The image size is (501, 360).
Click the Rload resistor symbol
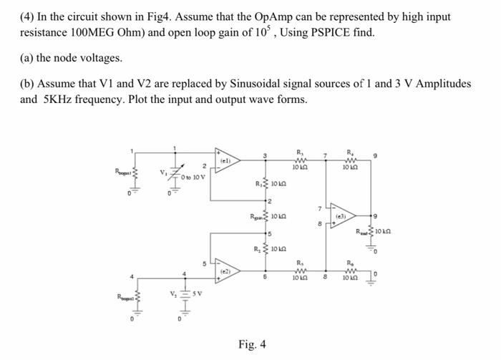(371, 233)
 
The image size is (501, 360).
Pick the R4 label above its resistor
(350, 151)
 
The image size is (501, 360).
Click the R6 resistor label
(350, 263)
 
